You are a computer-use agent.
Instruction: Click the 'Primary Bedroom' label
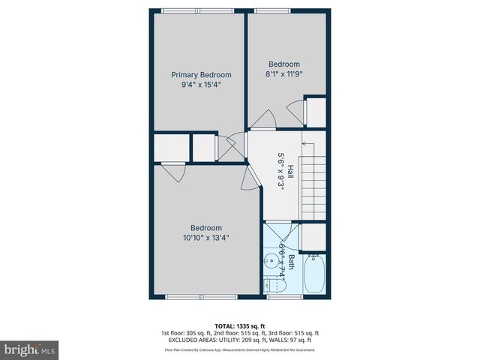click(x=201, y=74)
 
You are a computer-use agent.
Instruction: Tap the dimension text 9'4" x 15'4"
click(x=201, y=85)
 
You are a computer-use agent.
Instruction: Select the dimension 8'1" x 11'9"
click(x=284, y=74)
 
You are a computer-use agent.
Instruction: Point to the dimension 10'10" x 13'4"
click(x=205, y=238)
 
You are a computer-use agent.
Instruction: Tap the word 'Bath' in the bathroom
click(x=291, y=262)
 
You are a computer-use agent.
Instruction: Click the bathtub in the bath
click(x=314, y=275)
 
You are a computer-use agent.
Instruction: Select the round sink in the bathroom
click(x=269, y=262)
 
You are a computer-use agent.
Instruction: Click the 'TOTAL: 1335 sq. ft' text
click(x=239, y=325)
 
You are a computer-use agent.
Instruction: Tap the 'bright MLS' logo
click(x=30, y=349)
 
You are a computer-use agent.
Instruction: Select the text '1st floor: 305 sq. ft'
click(x=186, y=333)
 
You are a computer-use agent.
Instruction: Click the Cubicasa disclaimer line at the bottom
click(x=239, y=349)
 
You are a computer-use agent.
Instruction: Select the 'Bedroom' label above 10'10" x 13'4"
click(x=205, y=228)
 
